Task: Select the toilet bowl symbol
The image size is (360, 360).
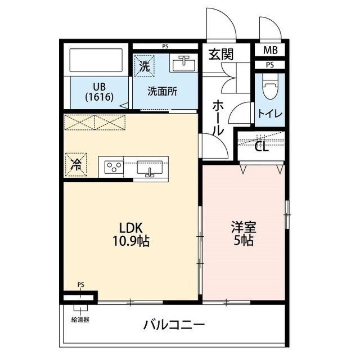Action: coord(270,88)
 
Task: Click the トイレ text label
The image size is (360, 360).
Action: coord(270,113)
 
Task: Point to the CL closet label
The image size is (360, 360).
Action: coord(261,147)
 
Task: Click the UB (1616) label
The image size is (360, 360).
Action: coord(100,92)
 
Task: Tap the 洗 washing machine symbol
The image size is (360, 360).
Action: coord(144,65)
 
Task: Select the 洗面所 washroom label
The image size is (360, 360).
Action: coord(163,91)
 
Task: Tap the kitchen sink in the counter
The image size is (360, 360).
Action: coord(150,168)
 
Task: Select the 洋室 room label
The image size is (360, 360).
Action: coord(244,228)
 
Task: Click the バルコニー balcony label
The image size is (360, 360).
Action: coord(173,325)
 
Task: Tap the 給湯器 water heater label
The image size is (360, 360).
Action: coord(80,319)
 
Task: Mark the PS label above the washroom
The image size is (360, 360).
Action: coord(165,46)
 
